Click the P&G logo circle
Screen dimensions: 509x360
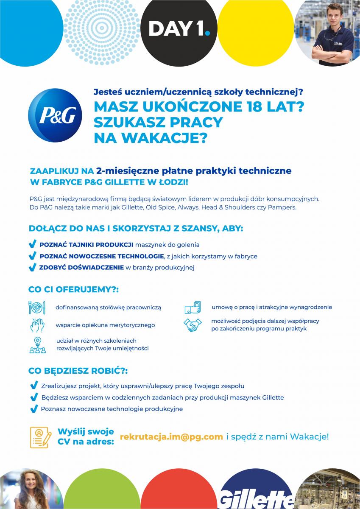point(55,115)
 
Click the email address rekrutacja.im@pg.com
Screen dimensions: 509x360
point(171,436)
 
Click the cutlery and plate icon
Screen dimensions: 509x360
point(37,307)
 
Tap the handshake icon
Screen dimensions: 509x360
point(193,325)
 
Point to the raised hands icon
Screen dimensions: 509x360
point(37,325)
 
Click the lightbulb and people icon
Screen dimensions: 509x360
point(37,344)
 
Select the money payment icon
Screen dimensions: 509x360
point(192,307)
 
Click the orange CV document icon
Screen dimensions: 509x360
point(41,437)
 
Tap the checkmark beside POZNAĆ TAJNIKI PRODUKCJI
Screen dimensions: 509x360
point(32,245)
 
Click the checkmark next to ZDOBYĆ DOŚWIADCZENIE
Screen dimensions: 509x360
point(32,268)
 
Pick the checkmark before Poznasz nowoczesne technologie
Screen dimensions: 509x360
point(34,409)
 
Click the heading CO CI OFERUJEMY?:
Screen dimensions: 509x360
point(73,290)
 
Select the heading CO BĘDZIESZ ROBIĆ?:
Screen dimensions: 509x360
point(78,370)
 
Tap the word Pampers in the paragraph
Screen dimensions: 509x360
point(282,208)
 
